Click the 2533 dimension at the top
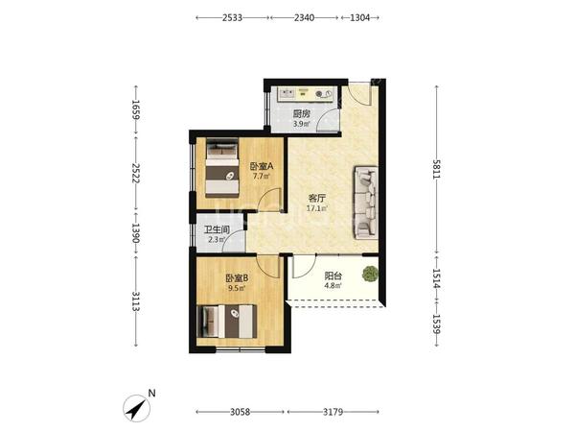pos(232,17)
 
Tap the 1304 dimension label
pos(359,17)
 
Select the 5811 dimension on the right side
pos(436,169)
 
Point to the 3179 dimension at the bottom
pos(333,412)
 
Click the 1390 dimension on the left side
pos(136,233)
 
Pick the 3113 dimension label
pos(136,301)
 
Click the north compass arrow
pos(137,409)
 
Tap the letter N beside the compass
pos(151,393)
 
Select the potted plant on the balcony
pos(370,274)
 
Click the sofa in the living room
pos(366,203)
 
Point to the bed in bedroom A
pos(222,167)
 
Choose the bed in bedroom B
pos(226,322)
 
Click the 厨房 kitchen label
pos(302,114)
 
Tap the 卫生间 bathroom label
pos(218,230)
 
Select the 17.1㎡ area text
pos(316,208)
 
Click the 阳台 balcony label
pos(333,276)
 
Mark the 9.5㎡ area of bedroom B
pos(237,288)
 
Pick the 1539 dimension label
pos(436,324)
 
